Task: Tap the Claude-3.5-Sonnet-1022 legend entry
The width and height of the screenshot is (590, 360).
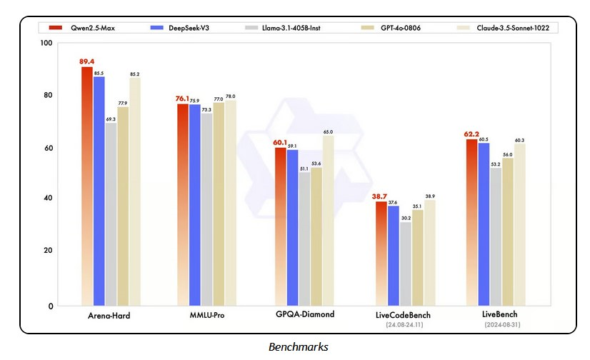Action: (507, 28)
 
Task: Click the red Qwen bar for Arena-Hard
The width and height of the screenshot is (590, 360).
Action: (86, 186)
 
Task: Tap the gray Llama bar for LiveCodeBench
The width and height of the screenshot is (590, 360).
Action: (406, 264)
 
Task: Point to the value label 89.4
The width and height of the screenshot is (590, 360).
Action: (87, 62)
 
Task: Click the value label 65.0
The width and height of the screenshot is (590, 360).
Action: (328, 131)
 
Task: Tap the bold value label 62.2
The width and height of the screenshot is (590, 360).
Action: (471, 134)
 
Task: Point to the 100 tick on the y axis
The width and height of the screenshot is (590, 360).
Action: (46, 44)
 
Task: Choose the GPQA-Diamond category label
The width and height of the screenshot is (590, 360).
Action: (305, 315)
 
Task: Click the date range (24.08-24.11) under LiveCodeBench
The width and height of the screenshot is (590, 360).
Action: (404, 324)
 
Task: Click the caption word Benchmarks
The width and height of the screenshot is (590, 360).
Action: (298, 347)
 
